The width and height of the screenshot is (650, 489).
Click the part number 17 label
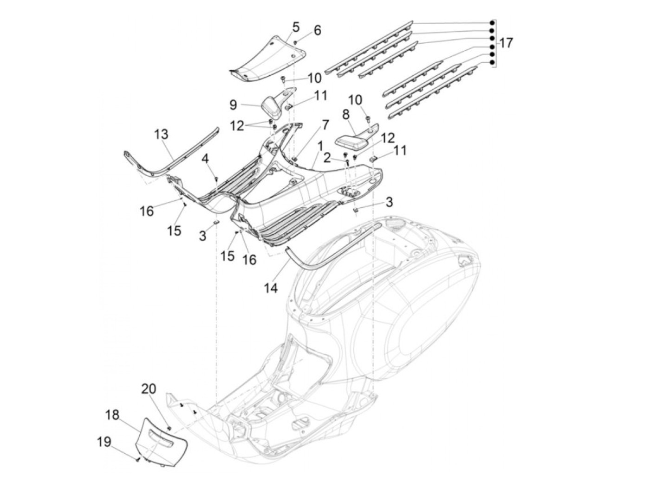(x=506, y=43)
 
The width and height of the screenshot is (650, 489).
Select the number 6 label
(x=317, y=31)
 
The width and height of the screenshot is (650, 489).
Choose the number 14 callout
(x=271, y=288)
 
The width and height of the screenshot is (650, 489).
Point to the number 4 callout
(x=205, y=159)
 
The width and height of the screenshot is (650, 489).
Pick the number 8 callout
(x=346, y=114)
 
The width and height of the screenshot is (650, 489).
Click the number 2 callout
(x=327, y=158)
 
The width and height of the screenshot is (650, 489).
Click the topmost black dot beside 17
(x=492, y=23)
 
